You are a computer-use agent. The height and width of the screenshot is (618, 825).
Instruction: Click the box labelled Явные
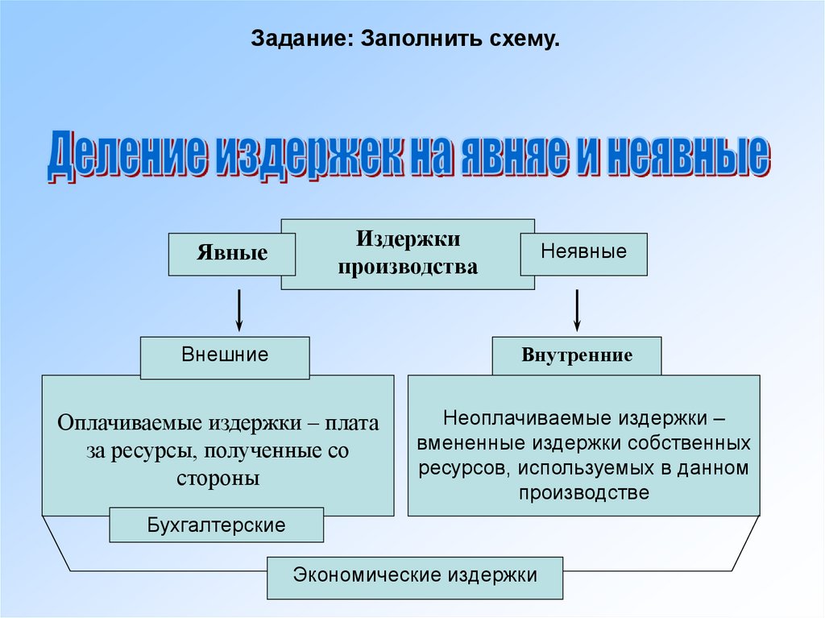click(x=232, y=254)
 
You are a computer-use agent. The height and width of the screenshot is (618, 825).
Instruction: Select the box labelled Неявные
click(x=583, y=251)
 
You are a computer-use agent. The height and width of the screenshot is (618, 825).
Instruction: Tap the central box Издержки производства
click(x=408, y=253)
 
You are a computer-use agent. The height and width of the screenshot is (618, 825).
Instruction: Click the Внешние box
click(x=225, y=355)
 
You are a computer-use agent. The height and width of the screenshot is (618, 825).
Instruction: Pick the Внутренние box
click(x=577, y=355)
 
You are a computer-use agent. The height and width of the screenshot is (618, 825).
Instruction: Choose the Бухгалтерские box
click(x=217, y=526)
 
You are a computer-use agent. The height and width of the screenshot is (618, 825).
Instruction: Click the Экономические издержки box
click(x=415, y=575)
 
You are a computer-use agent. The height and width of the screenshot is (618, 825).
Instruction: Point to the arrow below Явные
click(x=239, y=310)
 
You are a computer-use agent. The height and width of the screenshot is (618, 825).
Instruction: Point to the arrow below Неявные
click(x=578, y=310)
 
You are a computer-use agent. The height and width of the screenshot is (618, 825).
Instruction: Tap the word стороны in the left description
click(x=218, y=478)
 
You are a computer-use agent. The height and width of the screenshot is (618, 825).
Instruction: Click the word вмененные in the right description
click(x=479, y=443)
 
